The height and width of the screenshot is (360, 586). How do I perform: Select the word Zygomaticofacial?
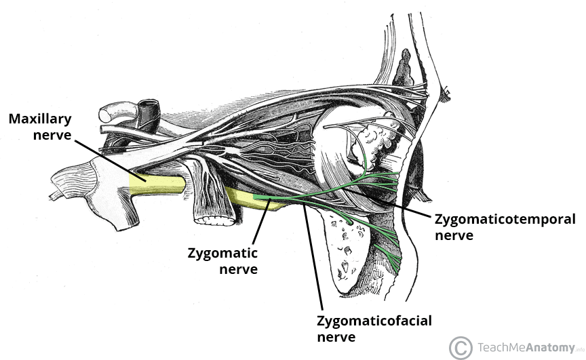pos(374,320)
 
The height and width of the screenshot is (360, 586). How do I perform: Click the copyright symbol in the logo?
pos(461,347)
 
